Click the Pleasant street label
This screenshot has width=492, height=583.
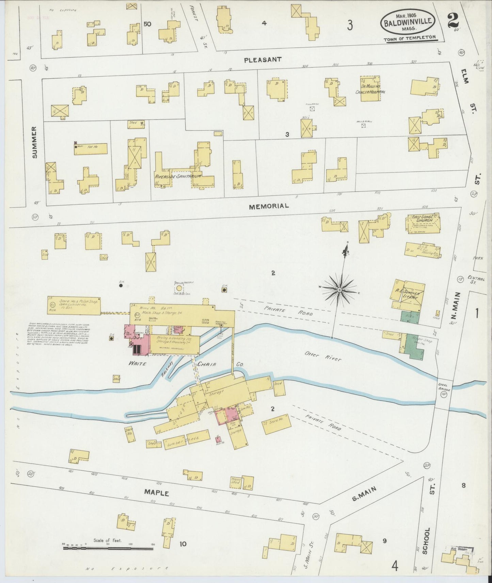263,60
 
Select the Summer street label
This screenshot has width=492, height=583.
34,142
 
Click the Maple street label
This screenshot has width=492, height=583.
156,493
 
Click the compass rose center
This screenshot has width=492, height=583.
339,289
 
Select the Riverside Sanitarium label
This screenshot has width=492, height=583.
178,177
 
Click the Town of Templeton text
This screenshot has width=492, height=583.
410,39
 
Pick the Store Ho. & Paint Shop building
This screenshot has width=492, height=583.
74,305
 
